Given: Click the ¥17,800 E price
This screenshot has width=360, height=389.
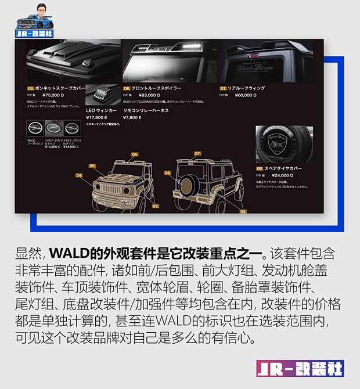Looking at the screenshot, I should click(x=96, y=117).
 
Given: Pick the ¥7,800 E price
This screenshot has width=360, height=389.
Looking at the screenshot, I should click(x=132, y=117).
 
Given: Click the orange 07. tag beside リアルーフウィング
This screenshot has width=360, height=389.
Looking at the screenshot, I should click(x=223, y=88).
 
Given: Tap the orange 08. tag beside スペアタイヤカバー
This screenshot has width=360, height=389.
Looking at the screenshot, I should click(x=260, y=168).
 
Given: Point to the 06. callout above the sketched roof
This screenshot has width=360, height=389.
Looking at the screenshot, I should click(x=135, y=154).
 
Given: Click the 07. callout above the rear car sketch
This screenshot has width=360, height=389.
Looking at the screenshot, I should click(x=197, y=153).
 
